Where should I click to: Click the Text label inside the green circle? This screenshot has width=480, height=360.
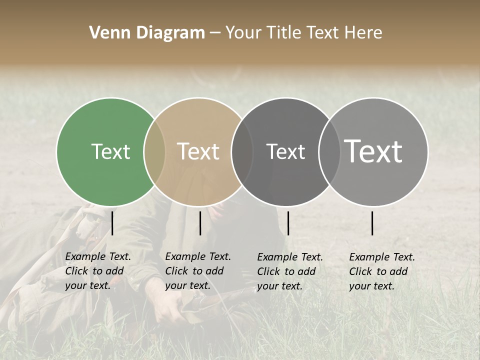110,151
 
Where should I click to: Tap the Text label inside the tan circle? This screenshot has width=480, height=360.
198,151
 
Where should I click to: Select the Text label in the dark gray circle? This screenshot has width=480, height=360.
285,151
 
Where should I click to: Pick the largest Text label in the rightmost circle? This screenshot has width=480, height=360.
373,151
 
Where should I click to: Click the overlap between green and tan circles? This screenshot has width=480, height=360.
154,151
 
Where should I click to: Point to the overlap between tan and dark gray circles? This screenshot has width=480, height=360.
242,151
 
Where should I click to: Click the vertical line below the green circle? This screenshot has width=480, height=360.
112,223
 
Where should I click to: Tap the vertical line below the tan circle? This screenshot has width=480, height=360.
200,223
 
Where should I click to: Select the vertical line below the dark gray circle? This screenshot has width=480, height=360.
288,223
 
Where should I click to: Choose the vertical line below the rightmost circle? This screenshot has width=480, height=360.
372,223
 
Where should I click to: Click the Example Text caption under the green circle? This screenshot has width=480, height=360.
98,256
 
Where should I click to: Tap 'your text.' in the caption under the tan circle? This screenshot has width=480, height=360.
187,285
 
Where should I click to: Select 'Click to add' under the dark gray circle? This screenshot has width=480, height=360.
286,271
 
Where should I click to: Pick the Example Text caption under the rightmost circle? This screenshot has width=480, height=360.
382,257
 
